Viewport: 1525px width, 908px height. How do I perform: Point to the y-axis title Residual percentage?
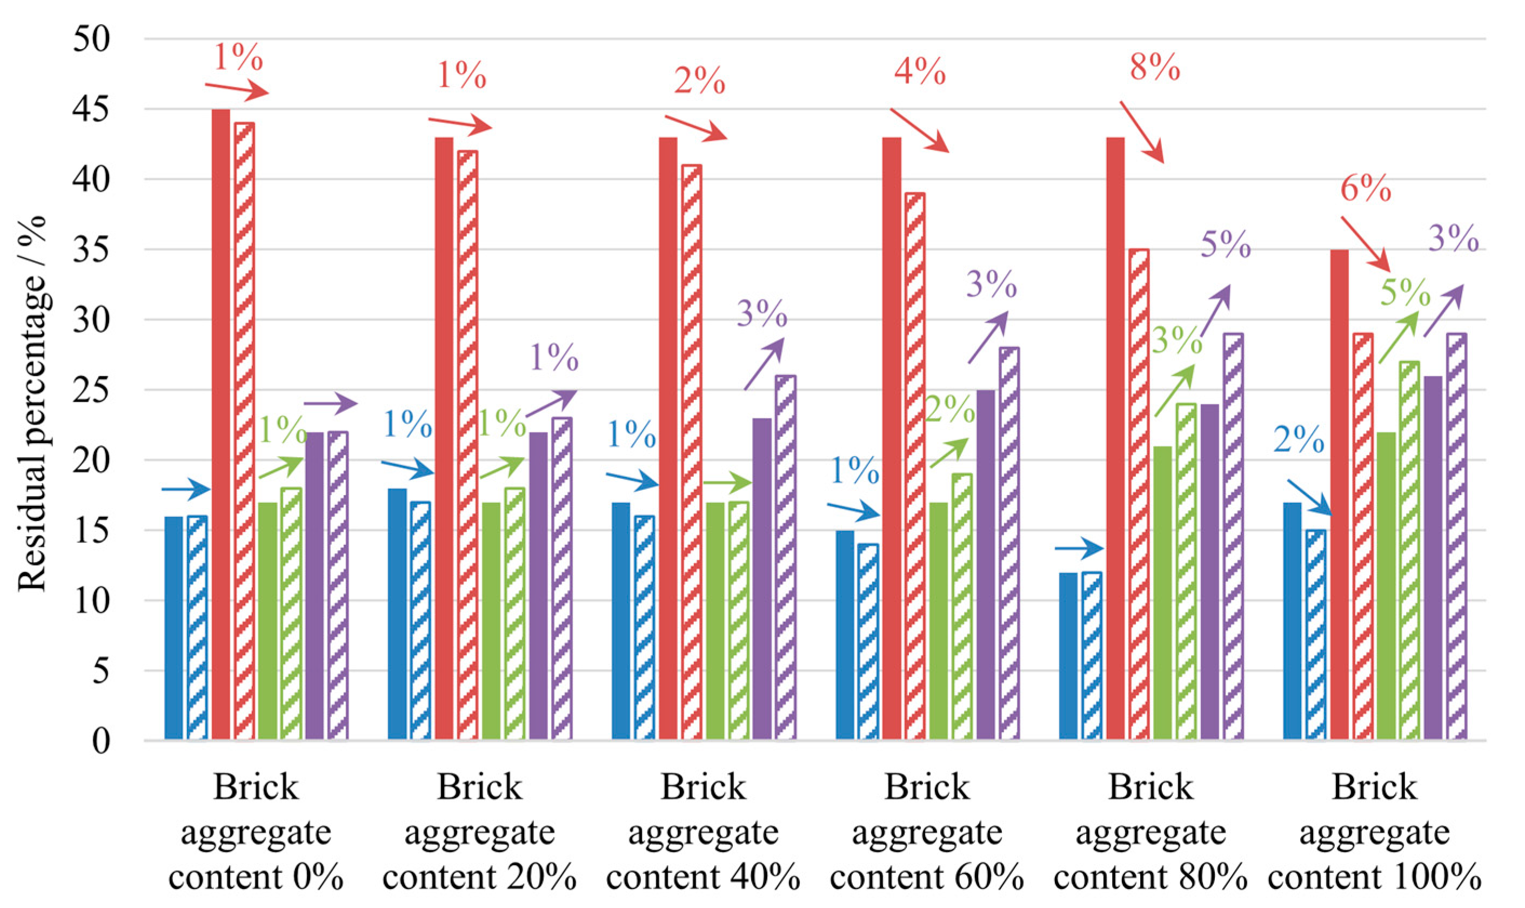pos(32,404)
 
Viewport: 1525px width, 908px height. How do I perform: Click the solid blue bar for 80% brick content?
pos(1068,656)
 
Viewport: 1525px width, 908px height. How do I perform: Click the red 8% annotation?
pos(1154,68)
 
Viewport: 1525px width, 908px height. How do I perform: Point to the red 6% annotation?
pos(1366,189)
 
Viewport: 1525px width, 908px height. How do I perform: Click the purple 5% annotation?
pos(1225,245)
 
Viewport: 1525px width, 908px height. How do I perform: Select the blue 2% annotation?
pos(1299,440)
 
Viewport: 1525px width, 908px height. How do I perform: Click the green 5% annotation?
pos(1405,292)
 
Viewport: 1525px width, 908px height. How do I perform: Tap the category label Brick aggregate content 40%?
pos(703,832)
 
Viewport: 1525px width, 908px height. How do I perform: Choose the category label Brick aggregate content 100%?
pos(1374,832)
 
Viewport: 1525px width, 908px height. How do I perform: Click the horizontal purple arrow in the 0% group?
pos(330,403)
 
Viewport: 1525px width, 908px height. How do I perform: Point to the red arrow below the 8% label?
pos(1141,132)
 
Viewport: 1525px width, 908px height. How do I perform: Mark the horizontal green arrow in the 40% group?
pos(727,483)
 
